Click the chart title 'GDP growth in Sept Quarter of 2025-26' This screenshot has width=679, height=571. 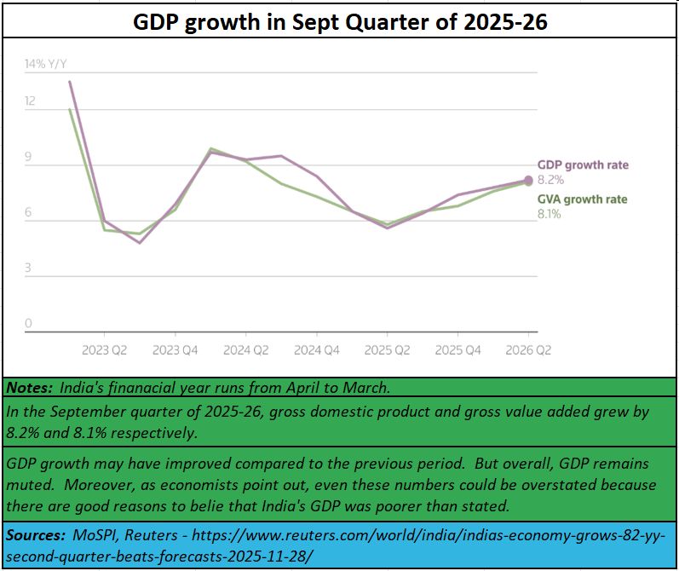tap(340, 22)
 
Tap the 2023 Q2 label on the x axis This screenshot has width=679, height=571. tap(105, 349)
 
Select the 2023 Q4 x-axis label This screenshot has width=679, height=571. tap(176, 349)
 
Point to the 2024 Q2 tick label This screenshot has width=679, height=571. tap(246, 349)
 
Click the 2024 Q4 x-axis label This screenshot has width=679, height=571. tap(317, 349)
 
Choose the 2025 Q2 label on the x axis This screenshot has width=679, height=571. tap(388, 349)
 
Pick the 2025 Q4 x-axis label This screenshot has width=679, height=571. tap(458, 349)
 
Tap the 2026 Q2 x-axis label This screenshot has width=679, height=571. tap(529, 349)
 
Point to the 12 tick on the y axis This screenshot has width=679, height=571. tap(31, 101)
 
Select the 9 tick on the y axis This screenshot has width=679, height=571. tap(28, 158)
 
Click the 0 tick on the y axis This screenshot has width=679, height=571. tap(28, 324)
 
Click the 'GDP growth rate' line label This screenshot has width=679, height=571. tap(583, 165)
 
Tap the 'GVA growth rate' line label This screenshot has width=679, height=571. tap(582, 199)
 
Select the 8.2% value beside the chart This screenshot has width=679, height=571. tap(550, 180)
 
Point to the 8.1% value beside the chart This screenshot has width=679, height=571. tap(549, 214)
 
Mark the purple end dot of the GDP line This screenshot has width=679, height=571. tap(528, 180)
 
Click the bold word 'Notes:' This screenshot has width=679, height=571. tap(29, 388)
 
